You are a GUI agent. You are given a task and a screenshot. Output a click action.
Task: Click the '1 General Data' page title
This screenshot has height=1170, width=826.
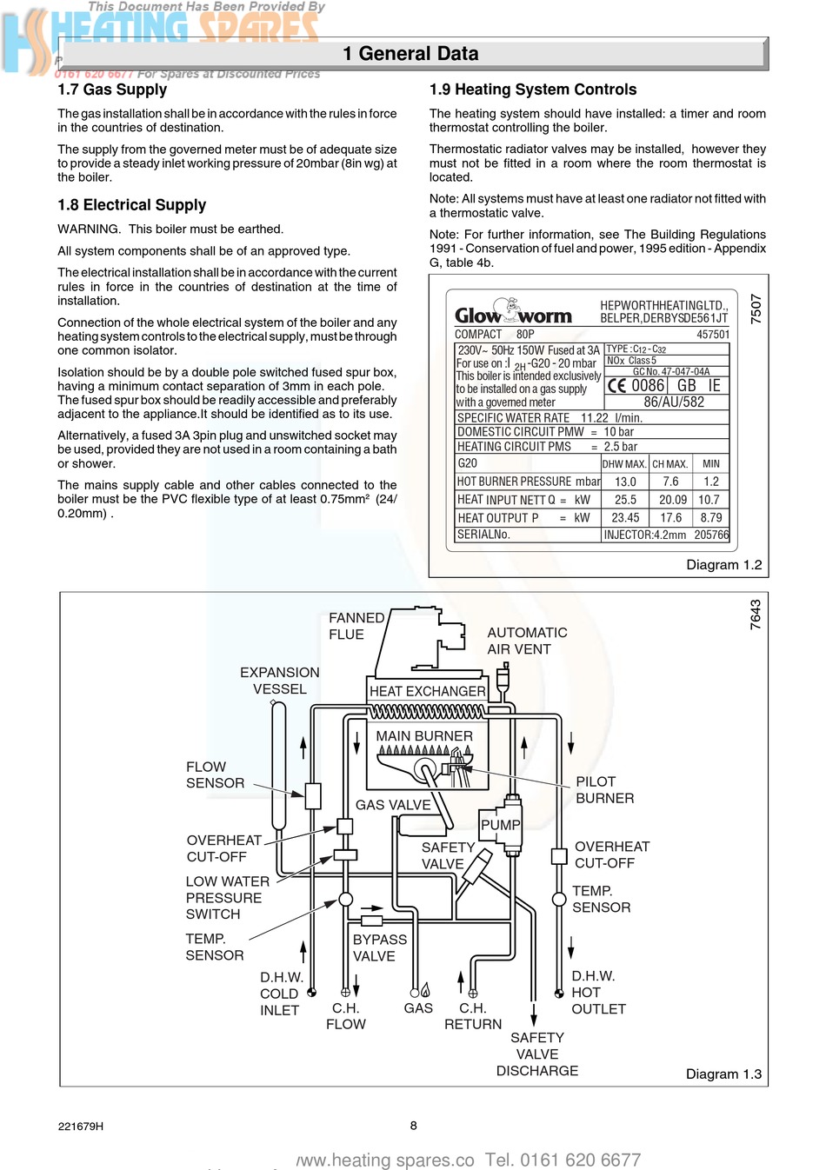tap(410, 54)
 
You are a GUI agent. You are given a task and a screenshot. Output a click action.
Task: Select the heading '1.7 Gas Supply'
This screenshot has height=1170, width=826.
tap(112, 90)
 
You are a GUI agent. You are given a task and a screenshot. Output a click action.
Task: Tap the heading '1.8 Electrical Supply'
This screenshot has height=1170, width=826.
tap(132, 205)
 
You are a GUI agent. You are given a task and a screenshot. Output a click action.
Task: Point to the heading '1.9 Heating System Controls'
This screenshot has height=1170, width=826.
tap(533, 90)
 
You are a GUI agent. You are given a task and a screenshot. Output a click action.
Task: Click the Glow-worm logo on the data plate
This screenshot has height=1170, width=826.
tap(513, 314)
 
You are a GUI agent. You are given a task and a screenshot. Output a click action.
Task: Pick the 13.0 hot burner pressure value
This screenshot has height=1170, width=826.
tap(625, 482)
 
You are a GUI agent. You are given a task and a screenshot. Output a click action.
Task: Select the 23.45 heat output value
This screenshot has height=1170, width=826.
tap(625, 518)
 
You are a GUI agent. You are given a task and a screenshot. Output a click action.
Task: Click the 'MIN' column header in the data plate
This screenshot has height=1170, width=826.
tap(711, 464)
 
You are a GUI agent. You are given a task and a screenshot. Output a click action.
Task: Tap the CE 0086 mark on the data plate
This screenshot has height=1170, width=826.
tap(636, 385)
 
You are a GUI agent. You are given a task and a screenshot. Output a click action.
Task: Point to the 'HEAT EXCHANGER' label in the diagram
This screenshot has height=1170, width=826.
tap(428, 691)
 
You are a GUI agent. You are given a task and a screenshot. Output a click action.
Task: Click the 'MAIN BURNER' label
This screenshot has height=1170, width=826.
tap(424, 736)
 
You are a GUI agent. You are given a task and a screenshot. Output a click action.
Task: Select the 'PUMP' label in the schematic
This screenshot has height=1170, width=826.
tap(501, 825)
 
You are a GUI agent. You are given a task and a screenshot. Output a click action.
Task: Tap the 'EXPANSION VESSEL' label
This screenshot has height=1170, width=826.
tap(280, 681)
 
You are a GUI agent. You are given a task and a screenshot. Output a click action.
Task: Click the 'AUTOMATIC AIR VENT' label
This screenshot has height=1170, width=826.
tap(527, 641)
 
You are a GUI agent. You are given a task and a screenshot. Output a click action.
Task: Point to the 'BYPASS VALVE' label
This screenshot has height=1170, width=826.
tap(379, 947)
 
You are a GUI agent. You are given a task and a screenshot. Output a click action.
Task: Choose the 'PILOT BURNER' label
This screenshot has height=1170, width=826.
tap(604, 790)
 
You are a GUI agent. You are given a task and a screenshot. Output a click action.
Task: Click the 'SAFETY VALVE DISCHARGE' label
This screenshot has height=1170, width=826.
tap(537, 1054)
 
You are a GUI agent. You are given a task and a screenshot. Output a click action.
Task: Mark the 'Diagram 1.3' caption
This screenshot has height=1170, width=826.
tap(723, 1074)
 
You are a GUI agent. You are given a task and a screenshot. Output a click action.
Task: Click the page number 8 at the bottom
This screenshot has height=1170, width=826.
tap(414, 1126)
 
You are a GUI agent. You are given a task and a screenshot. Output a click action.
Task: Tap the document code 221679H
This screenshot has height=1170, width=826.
tap(81, 1127)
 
